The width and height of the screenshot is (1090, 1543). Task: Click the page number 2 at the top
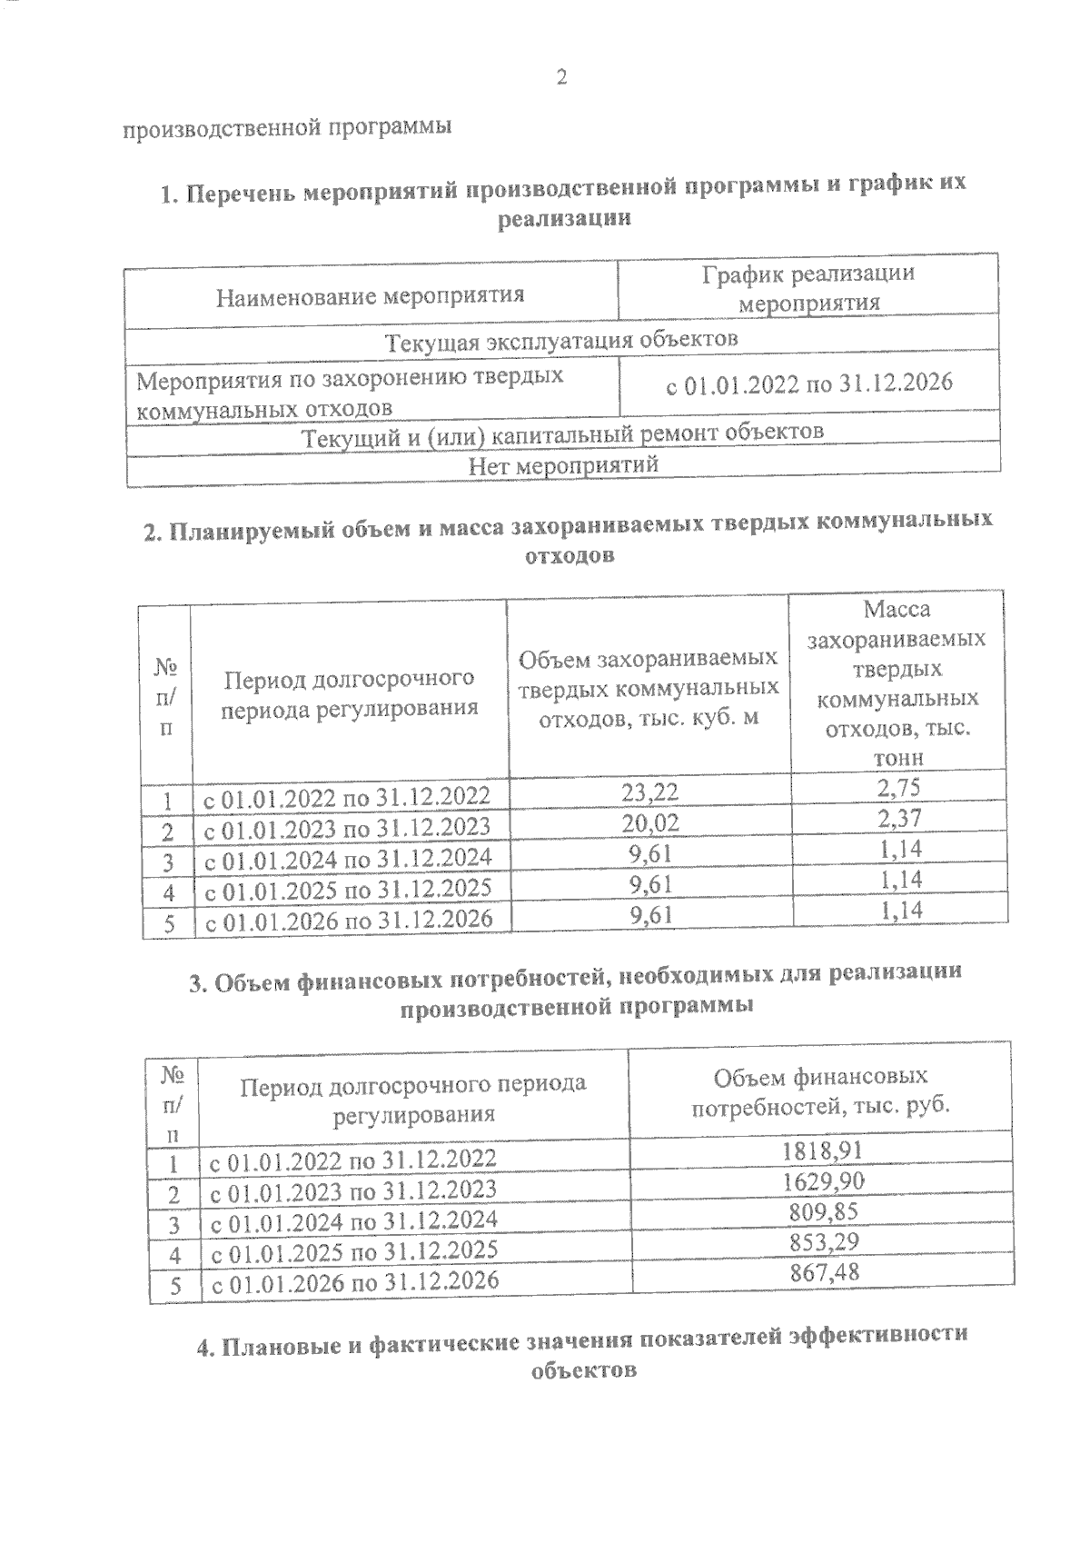point(560,78)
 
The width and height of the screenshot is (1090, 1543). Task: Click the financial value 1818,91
point(821,1150)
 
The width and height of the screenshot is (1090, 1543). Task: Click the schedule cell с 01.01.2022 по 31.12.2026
point(809,383)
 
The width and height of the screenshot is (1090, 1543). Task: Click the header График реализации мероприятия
point(808,288)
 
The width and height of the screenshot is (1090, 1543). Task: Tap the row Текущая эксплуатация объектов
point(562,342)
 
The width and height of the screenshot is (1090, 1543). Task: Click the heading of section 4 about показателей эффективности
point(581,1351)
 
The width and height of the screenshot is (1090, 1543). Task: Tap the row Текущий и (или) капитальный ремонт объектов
point(562,433)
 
